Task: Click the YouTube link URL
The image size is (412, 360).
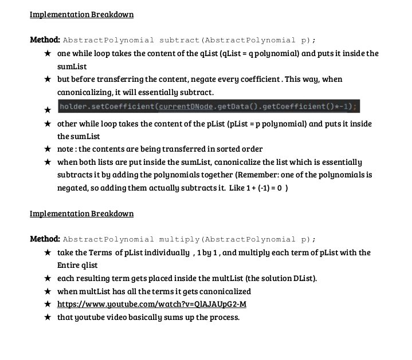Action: (152, 303)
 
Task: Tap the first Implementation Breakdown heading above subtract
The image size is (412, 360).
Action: (81, 14)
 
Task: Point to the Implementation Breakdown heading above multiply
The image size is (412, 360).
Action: (81, 213)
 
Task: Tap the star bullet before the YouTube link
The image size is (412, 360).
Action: (47, 304)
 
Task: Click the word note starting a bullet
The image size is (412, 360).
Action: (66, 149)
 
